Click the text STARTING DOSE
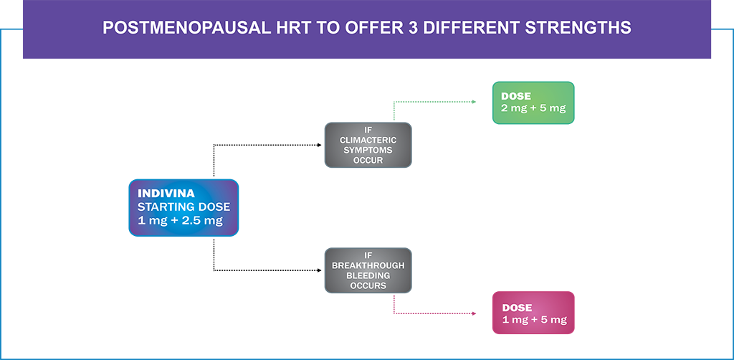[x=183, y=207]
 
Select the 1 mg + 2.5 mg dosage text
[x=180, y=220]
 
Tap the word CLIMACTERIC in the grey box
[x=368, y=140]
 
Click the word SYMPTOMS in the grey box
[x=368, y=151]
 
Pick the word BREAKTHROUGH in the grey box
[x=368, y=265]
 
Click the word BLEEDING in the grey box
[x=368, y=275]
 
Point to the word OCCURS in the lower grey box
[x=368, y=285]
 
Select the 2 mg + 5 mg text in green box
[x=533, y=108]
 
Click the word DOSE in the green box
[x=517, y=96]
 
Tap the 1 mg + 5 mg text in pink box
[x=534, y=321]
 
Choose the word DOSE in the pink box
[x=517, y=308]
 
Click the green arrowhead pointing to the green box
[x=474, y=102]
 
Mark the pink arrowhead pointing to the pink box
[x=474, y=313]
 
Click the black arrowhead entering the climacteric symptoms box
[x=319, y=145]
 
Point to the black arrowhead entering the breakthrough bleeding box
[x=319, y=270]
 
